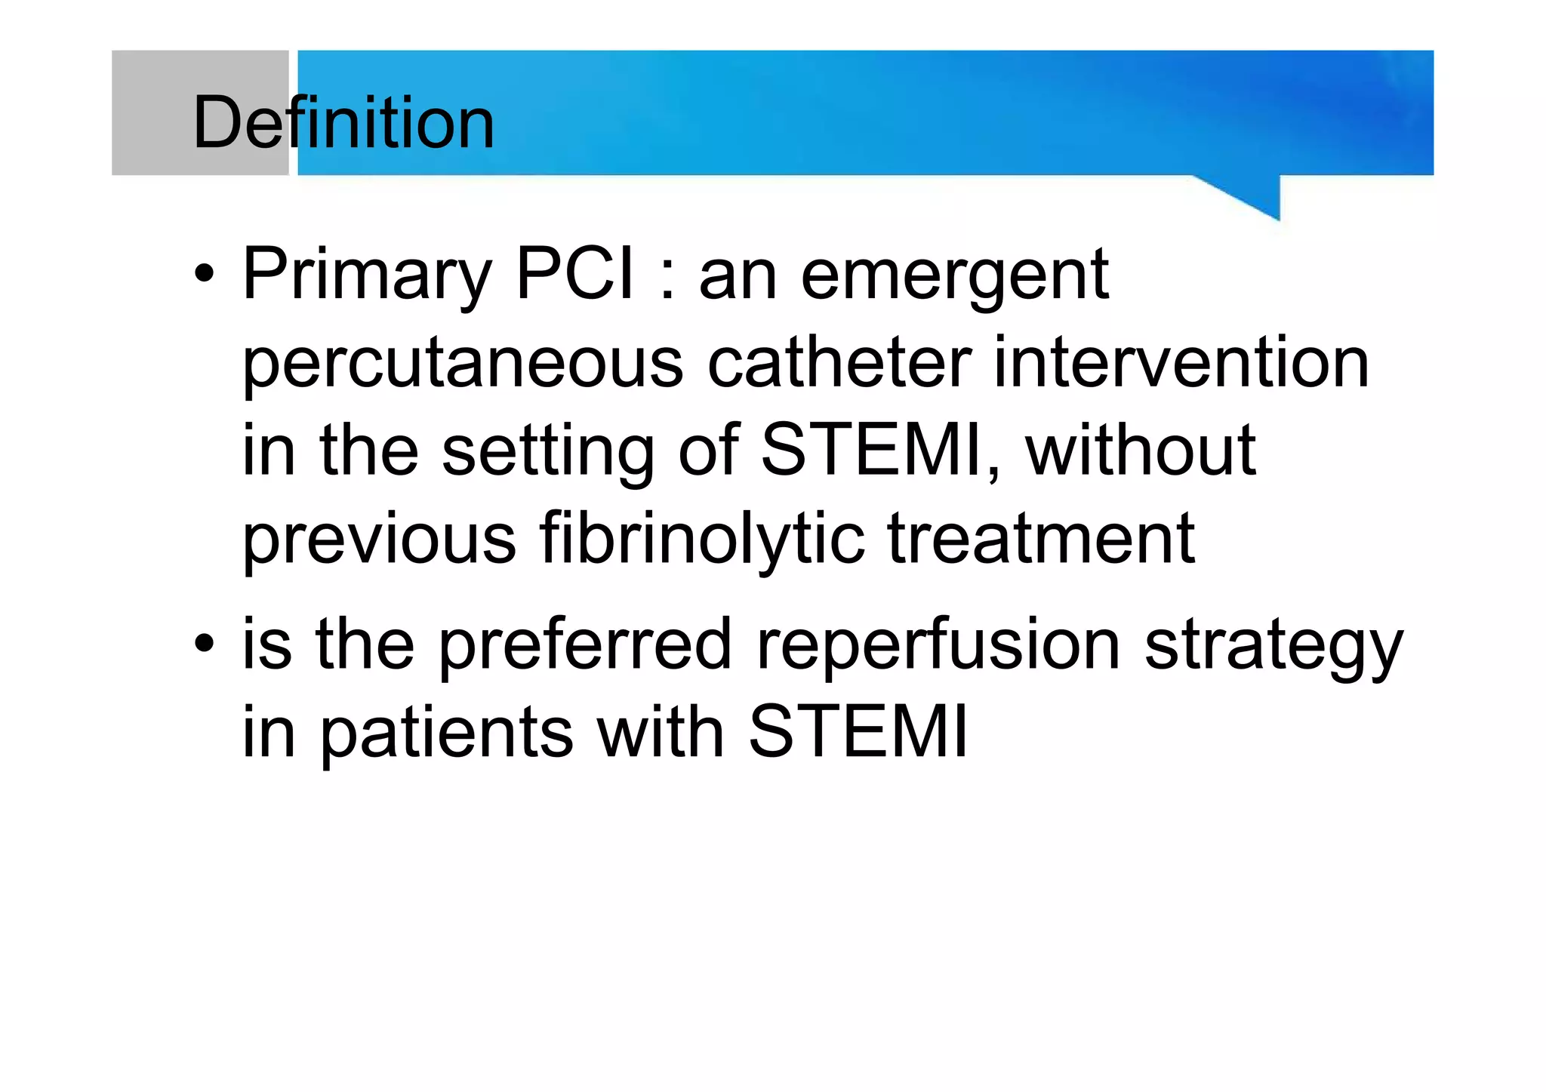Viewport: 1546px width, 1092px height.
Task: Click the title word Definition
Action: click(x=343, y=122)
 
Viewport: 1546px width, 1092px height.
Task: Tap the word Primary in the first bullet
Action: click(x=367, y=276)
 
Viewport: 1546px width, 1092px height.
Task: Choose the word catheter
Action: click(x=839, y=364)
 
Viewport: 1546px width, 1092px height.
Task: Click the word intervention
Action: click(x=1181, y=364)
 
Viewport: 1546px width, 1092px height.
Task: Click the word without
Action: click(x=1140, y=451)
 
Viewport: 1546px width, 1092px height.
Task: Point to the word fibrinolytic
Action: click(x=701, y=539)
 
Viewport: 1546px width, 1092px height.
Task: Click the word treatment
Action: click(x=1041, y=539)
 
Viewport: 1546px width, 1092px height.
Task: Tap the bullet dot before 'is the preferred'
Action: click(x=204, y=644)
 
